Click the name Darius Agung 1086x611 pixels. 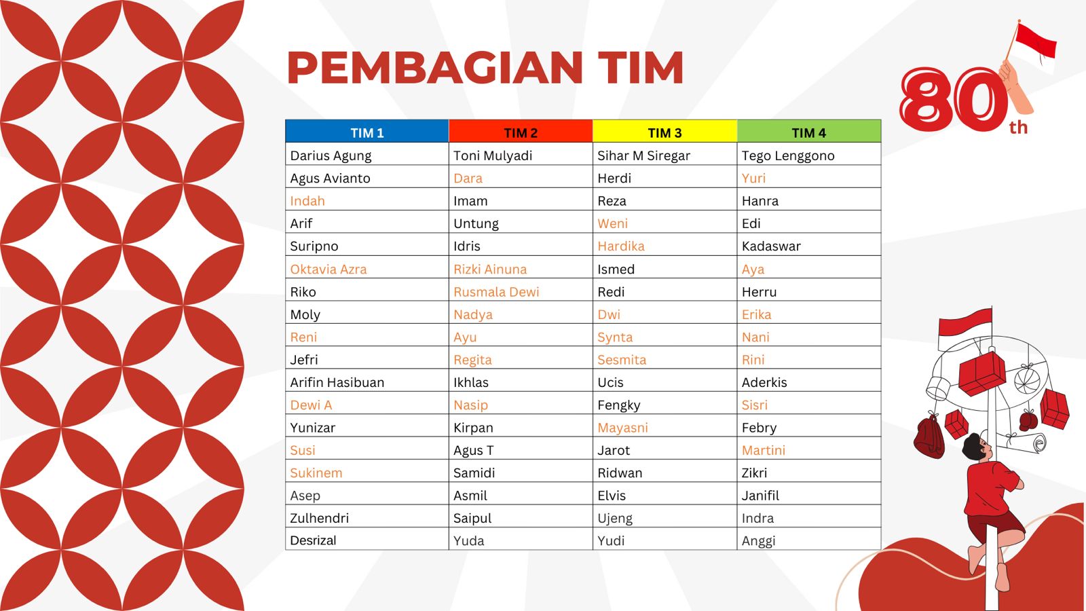331,155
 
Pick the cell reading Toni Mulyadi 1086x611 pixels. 493,155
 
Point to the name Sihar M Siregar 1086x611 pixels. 643,155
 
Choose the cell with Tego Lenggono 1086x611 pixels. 788,155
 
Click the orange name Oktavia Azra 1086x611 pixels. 329,269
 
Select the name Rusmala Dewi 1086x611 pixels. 496,292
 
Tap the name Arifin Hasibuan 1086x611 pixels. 337,382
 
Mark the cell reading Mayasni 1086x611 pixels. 622,428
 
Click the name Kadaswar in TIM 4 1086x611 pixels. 771,246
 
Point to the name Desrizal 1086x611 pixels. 313,540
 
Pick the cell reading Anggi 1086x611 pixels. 758,540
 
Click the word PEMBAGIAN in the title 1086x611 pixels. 434,68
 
